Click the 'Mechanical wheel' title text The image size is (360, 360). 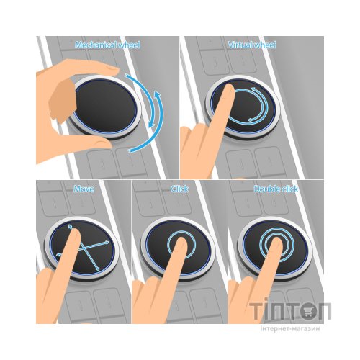(x=107, y=45)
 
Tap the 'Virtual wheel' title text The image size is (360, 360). (x=252, y=45)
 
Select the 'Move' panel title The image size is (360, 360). (x=84, y=189)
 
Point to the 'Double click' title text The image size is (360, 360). (x=276, y=189)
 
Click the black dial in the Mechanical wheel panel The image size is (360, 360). (x=106, y=107)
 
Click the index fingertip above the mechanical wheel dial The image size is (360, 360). (x=112, y=69)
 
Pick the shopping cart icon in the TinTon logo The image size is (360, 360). (x=307, y=312)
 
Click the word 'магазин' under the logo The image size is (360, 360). (x=306, y=328)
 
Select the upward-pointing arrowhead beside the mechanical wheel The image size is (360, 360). (x=158, y=94)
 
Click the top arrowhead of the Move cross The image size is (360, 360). (x=70, y=226)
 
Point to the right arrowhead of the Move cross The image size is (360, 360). (x=107, y=242)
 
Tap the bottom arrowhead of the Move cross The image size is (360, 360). (x=97, y=269)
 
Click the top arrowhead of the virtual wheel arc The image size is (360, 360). (x=253, y=89)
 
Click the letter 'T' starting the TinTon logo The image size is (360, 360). (x=256, y=311)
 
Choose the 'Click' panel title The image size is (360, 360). (x=179, y=189)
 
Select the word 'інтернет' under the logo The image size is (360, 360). (x=275, y=328)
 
